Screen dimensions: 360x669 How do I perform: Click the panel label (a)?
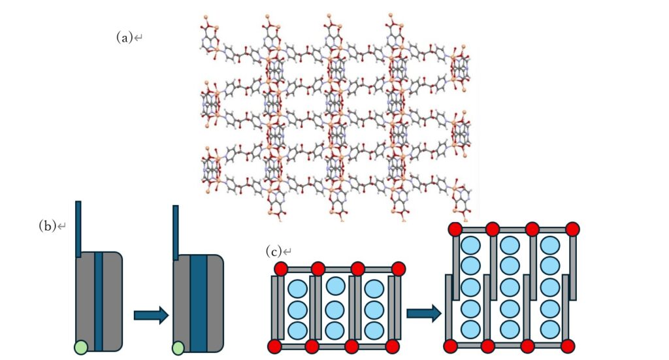point(125,38)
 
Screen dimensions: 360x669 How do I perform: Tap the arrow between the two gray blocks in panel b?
point(151,316)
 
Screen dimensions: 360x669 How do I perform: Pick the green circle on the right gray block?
point(178,347)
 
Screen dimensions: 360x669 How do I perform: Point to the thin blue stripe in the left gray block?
point(99,301)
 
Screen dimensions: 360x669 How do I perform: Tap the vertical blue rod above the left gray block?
point(78,229)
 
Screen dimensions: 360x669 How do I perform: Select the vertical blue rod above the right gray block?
point(176,233)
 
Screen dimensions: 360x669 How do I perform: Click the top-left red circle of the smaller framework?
point(281,269)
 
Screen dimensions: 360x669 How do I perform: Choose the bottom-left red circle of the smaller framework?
point(274,346)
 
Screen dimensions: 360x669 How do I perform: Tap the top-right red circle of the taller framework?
point(572,229)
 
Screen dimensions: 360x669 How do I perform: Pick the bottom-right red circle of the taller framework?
point(568,346)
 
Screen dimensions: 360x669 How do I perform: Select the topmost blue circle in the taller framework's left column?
point(471,246)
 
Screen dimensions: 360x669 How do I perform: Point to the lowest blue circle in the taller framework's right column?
point(551,329)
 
